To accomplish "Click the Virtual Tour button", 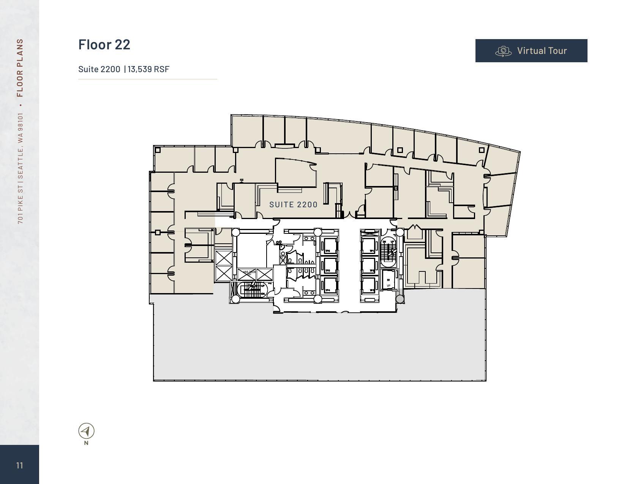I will [x=531, y=50].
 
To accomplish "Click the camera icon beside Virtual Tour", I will [x=504, y=51].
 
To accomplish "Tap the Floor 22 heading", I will [x=104, y=44].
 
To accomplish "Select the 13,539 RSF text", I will [x=148, y=69].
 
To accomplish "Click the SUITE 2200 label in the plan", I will [x=293, y=205].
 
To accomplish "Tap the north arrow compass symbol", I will [x=86, y=431].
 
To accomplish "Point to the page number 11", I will [x=20, y=465].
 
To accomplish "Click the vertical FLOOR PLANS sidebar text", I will [x=20, y=68].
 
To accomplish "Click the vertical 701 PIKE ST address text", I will [x=20, y=168].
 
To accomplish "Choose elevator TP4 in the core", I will [x=329, y=287].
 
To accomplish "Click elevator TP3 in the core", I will [x=368, y=287].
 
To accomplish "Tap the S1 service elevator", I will [x=389, y=281].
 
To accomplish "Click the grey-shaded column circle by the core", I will [x=400, y=299].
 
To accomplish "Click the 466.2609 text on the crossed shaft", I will [x=250, y=272].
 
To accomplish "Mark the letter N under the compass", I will [x=86, y=443].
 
